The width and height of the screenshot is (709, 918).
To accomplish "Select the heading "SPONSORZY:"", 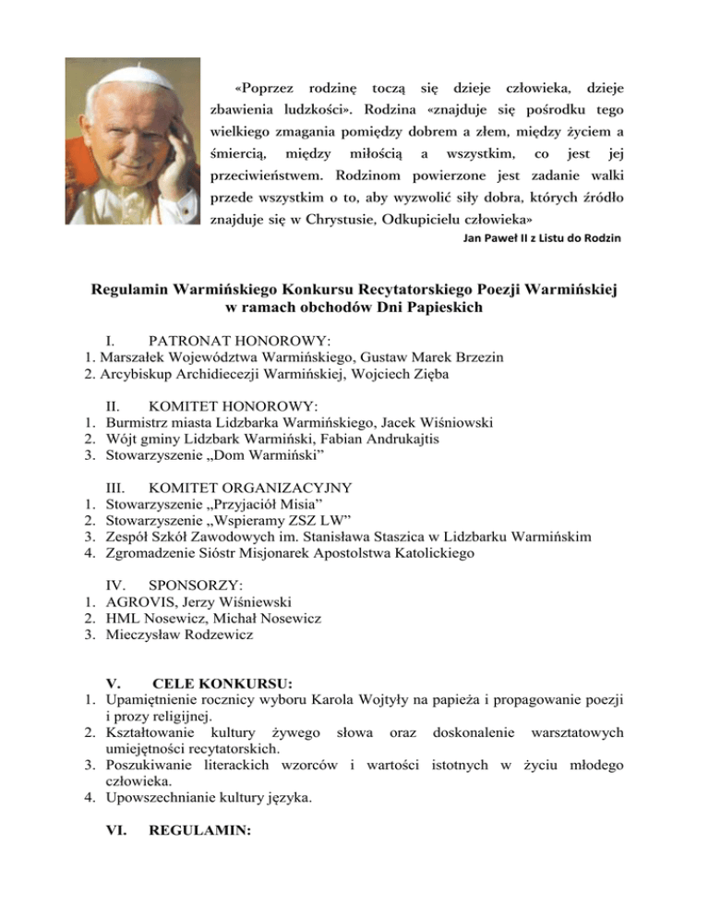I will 195,586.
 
